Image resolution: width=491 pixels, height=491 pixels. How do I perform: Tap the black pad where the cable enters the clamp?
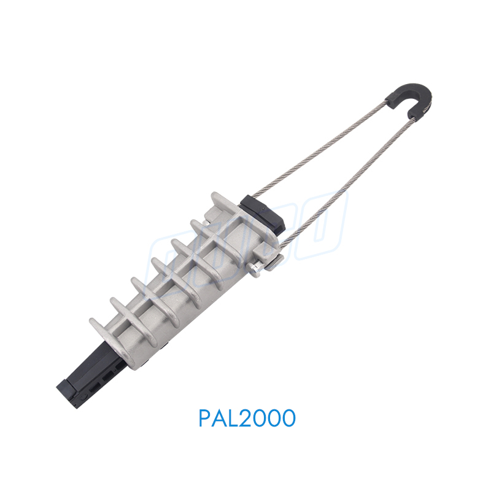262,212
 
